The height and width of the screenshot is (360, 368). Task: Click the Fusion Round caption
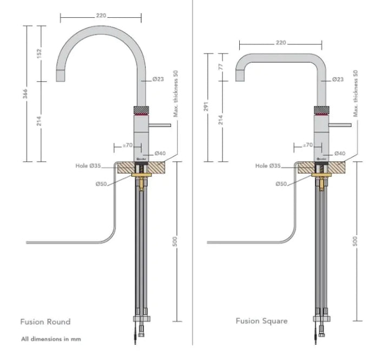coord(45,322)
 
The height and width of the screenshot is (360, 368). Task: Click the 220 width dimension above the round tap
coord(101,16)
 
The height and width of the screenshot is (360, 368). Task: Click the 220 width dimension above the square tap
coord(280,43)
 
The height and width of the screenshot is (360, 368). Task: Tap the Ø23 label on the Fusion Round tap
coord(158,79)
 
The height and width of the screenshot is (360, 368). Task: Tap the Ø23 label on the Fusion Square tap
coord(337,79)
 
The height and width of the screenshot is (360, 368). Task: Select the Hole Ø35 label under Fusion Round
coord(88,166)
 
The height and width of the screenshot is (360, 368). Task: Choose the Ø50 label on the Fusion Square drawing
coord(280,184)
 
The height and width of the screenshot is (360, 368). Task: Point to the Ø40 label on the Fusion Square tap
coord(340,154)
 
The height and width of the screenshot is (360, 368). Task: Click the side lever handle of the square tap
coord(340,125)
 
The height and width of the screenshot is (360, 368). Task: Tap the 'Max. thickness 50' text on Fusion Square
coord(356,94)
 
